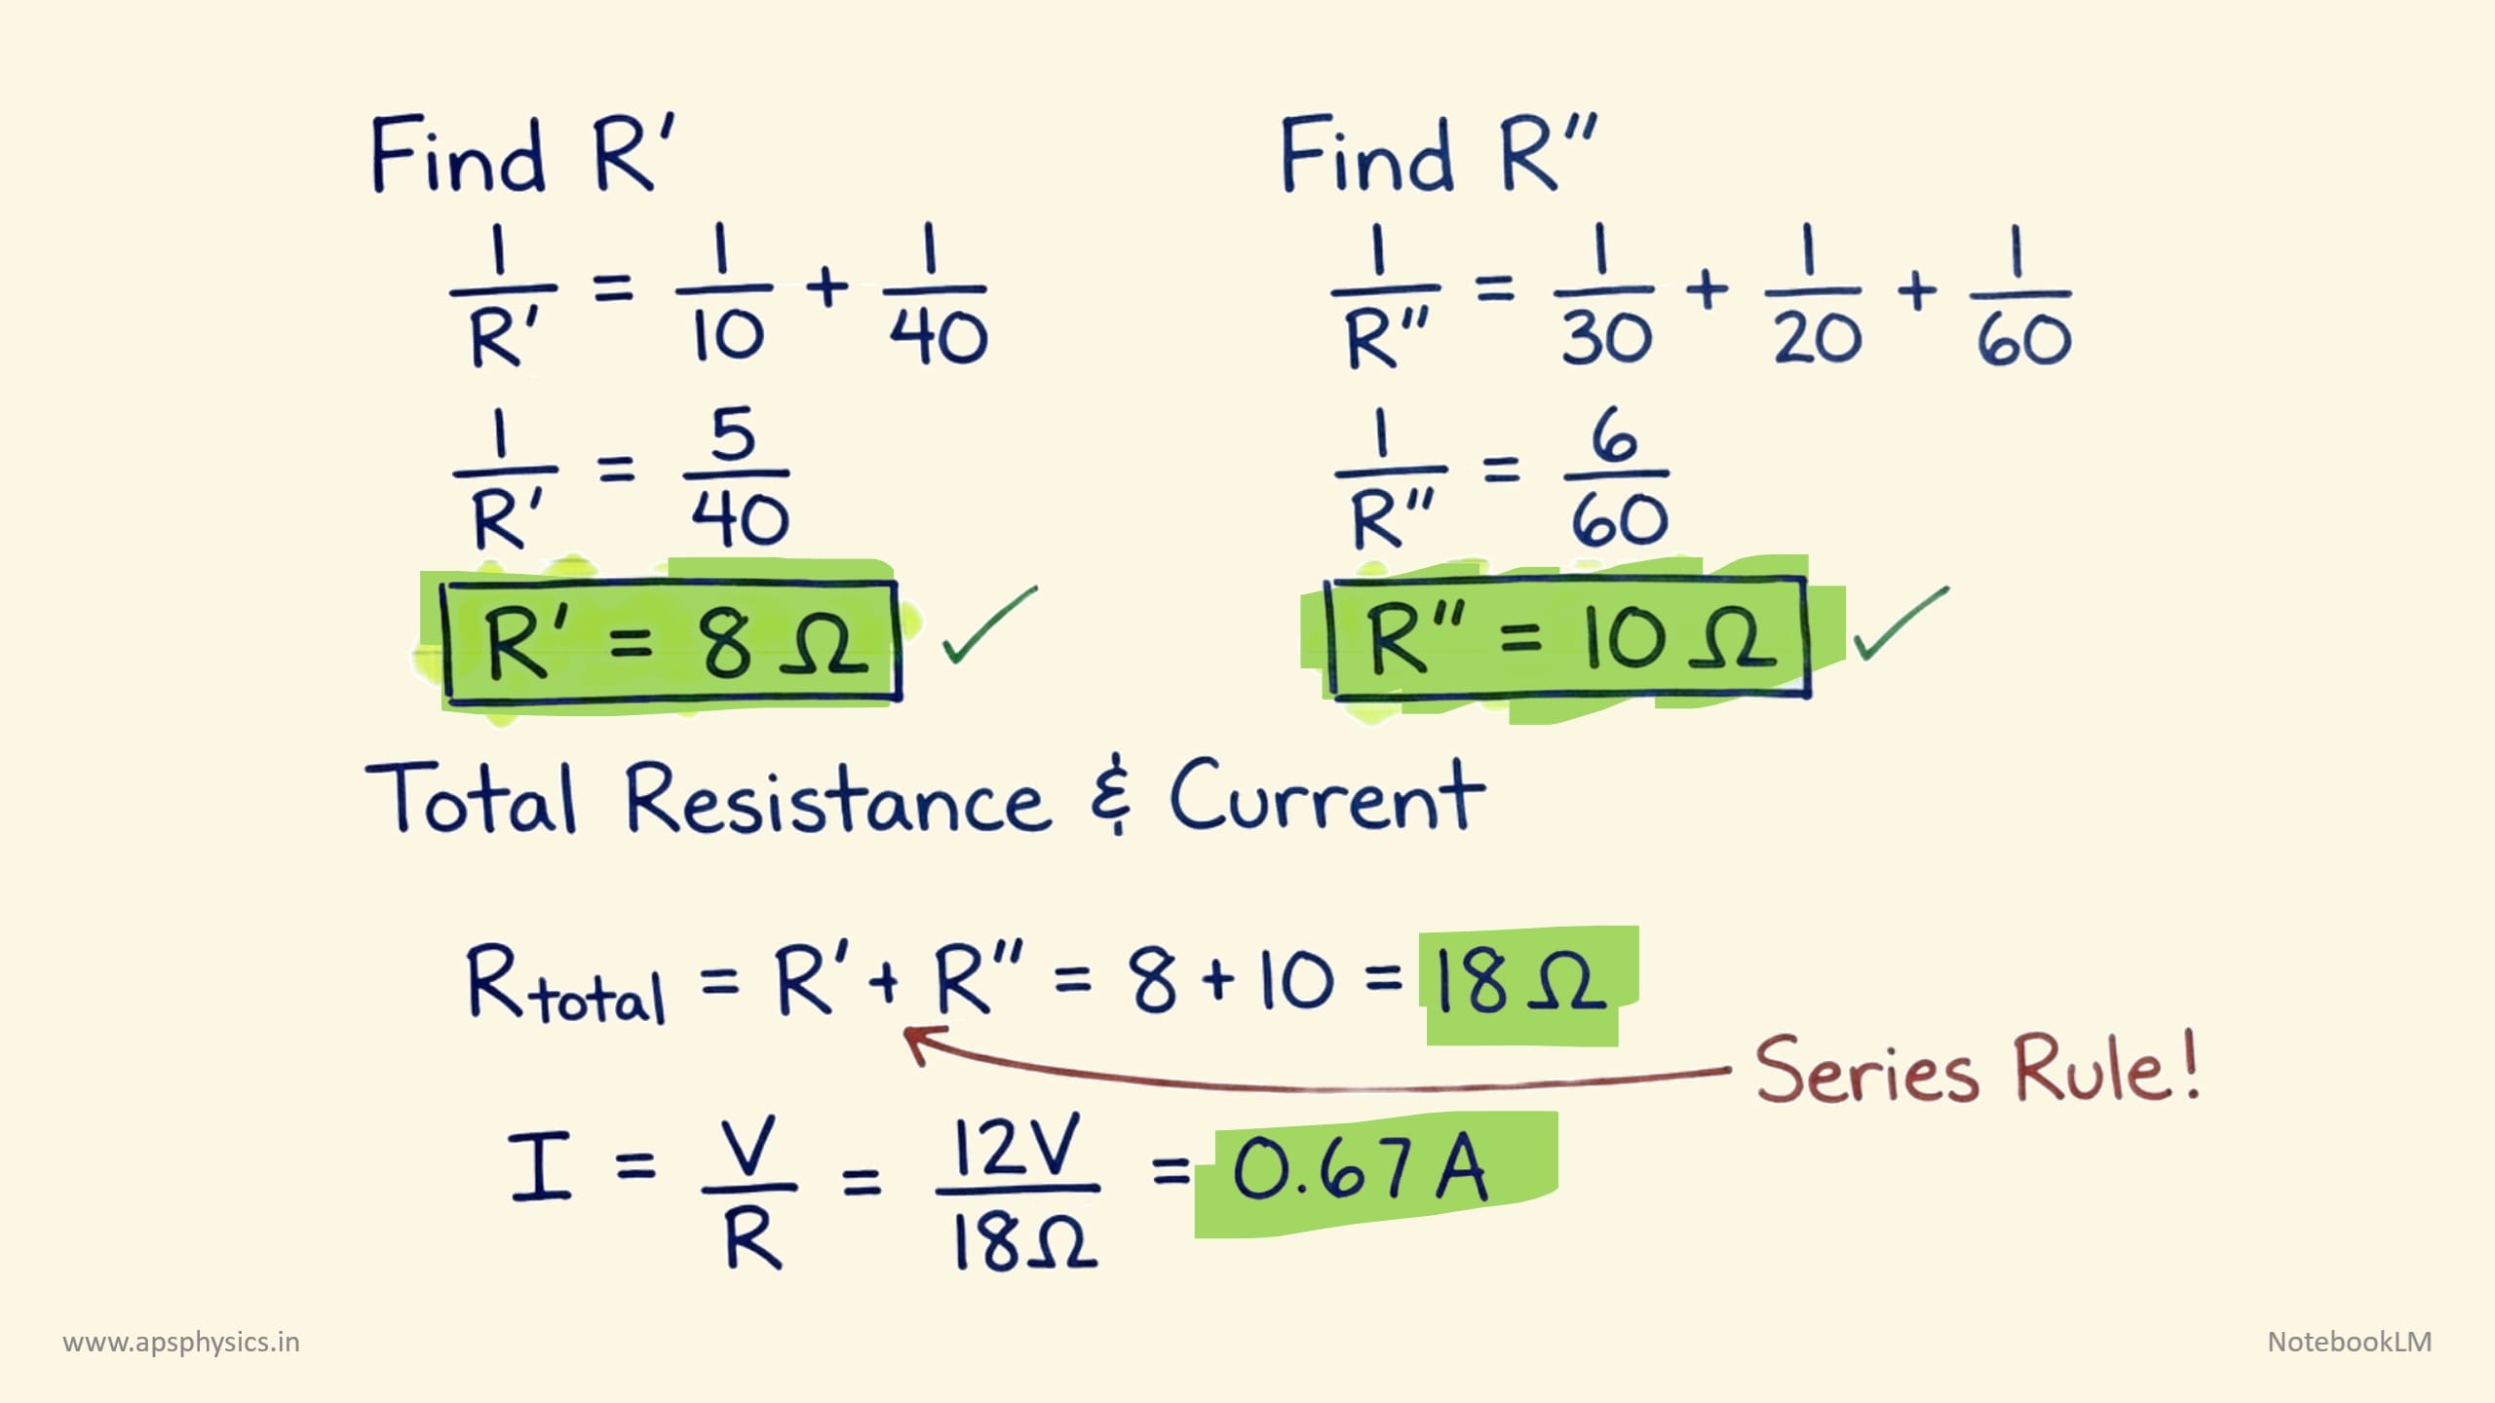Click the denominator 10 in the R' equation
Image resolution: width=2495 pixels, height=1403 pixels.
point(728,336)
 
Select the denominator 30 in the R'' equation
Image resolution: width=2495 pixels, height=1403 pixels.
point(1607,338)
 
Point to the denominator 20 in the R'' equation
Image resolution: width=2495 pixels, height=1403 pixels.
point(1817,338)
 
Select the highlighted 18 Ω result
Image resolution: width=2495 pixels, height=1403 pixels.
point(1520,982)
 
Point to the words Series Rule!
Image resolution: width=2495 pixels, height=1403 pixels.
point(1977,1070)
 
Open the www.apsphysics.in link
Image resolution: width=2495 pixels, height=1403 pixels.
point(181,1343)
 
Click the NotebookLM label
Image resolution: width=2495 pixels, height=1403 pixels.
point(2349,1342)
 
